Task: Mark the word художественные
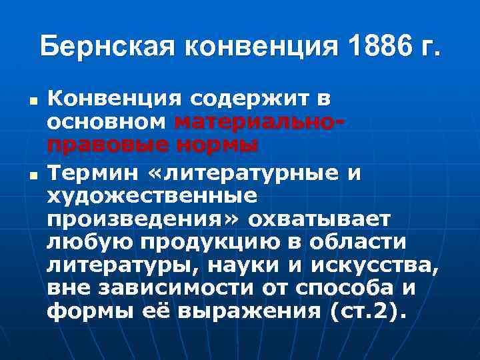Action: tap(151, 196)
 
